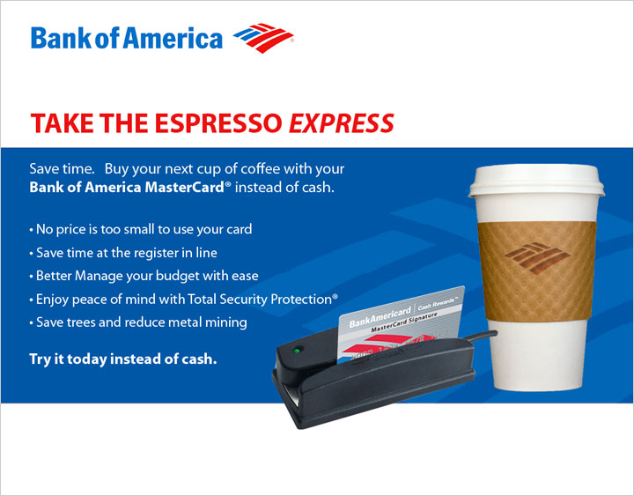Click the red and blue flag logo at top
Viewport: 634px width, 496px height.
[x=263, y=38]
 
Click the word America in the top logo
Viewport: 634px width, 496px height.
[x=173, y=39]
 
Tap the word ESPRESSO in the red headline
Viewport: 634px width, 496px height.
[x=218, y=123]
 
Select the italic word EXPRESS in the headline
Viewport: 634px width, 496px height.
[x=342, y=123]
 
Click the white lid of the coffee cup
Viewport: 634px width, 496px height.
[x=536, y=181]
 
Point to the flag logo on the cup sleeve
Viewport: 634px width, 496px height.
[x=537, y=258]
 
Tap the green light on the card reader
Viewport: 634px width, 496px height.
[x=298, y=350]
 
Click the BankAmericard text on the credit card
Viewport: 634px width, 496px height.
[x=380, y=317]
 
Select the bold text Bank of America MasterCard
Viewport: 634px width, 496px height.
[x=127, y=188]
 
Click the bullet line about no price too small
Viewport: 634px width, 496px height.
[x=141, y=229]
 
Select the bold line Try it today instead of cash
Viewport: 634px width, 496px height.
[x=123, y=359]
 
